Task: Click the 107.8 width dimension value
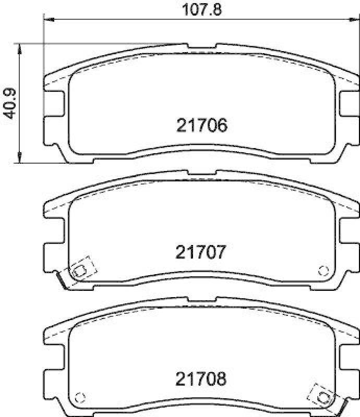coord(201,10)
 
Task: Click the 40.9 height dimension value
coord(9,103)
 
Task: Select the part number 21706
coord(202,125)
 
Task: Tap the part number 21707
coord(200,252)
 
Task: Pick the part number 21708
coord(200,379)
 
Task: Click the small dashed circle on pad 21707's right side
coord(323,271)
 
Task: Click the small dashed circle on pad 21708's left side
coord(80,398)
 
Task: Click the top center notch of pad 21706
coord(202,46)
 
